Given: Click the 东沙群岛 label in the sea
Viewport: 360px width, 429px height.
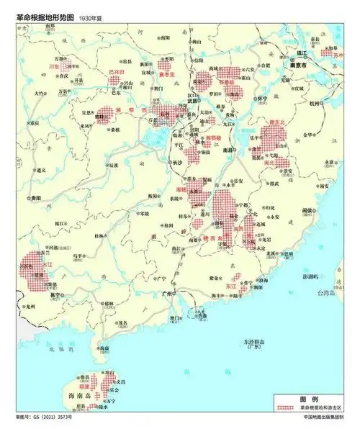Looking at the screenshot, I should (x=253, y=342).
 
